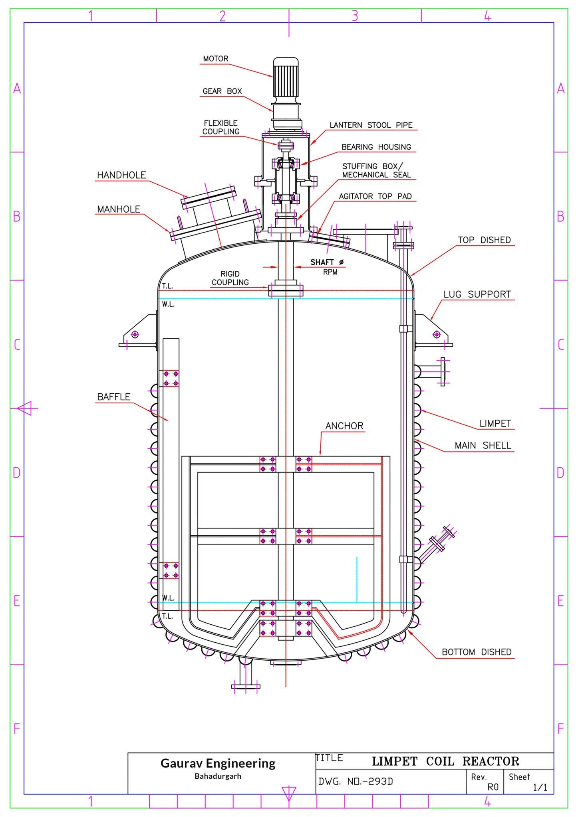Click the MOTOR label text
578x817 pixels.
click(216, 59)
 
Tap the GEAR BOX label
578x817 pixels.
click(222, 91)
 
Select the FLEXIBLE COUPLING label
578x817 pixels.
click(221, 127)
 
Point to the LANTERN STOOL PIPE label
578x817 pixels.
click(371, 125)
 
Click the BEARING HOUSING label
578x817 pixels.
click(376, 147)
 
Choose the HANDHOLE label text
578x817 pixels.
click(121, 175)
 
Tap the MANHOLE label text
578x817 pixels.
click(119, 209)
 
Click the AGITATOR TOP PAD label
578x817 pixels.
click(375, 196)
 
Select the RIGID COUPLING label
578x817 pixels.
click(230, 278)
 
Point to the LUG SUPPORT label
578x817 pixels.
click(477, 294)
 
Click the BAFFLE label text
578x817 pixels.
click(114, 397)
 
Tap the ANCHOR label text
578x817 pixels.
click(344, 426)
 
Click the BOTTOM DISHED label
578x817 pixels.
click(476, 652)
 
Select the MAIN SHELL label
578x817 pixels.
click(483, 445)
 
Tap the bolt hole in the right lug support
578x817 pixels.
click(437, 334)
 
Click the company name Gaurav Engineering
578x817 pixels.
click(218, 763)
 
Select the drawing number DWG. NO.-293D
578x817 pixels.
click(356, 781)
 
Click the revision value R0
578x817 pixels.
click(493, 787)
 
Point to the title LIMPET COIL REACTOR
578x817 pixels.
click(445, 761)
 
